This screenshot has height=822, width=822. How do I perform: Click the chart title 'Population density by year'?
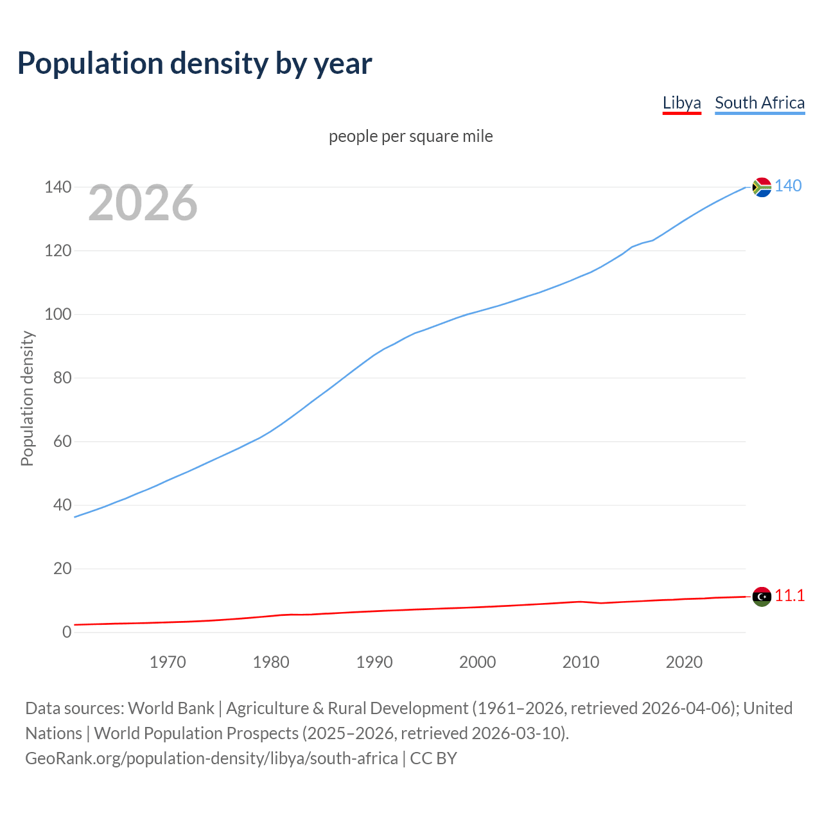click(x=195, y=63)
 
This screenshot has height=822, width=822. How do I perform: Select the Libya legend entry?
click(x=681, y=103)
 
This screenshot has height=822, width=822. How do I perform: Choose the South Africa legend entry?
click(x=759, y=103)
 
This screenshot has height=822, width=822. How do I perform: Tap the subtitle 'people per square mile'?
click(x=410, y=136)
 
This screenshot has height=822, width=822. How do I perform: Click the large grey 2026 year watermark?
click(x=143, y=203)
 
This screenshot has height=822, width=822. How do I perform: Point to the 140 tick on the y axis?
click(x=58, y=187)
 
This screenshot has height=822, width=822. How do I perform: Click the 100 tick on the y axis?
click(x=58, y=314)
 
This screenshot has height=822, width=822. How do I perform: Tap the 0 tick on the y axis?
click(x=67, y=632)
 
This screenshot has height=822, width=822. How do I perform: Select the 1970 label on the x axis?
click(x=168, y=662)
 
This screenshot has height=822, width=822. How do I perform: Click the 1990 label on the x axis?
click(x=374, y=662)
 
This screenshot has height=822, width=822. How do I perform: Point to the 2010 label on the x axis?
click(x=581, y=662)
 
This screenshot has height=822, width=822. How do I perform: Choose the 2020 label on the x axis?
click(x=684, y=662)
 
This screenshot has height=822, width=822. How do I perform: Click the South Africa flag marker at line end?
click(x=762, y=187)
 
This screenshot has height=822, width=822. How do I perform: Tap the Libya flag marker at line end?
click(x=762, y=597)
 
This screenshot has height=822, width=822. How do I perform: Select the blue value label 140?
click(x=788, y=186)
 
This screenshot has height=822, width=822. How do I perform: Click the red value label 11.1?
click(x=789, y=595)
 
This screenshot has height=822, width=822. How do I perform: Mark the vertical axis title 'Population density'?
click(x=27, y=398)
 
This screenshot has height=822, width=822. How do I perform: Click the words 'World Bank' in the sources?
click(x=171, y=708)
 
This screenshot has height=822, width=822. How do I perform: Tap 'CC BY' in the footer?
click(x=433, y=758)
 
